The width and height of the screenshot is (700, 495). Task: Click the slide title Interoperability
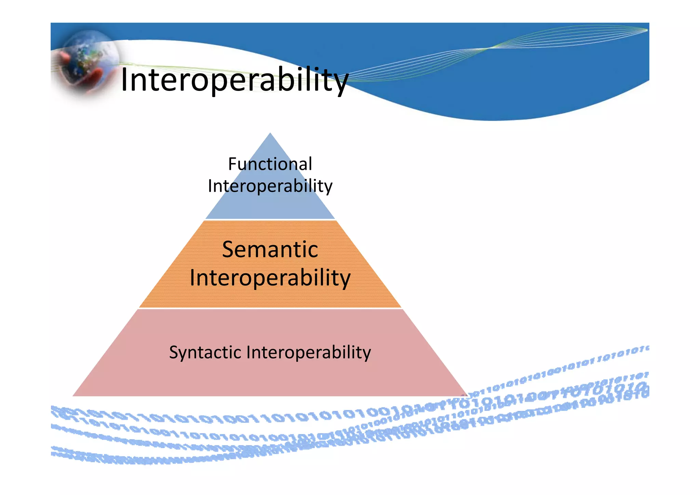(x=234, y=80)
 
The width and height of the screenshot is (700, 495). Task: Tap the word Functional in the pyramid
(x=270, y=164)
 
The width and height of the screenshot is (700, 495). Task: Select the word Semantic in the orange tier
(x=270, y=250)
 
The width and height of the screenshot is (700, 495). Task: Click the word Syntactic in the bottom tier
(x=205, y=352)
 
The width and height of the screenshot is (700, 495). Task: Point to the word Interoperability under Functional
(x=270, y=186)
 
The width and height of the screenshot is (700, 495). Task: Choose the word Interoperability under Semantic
(x=270, y=278)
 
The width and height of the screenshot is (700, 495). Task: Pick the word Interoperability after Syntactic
(x=308, y=352)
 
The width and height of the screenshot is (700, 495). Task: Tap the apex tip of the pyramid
(x=270, y=134)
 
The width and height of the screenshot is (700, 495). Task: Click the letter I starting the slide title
(x=124, y=80)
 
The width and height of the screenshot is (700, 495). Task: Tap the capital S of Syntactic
(x=174, y=352)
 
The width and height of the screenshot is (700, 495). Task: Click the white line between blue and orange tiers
(x=270, y=219)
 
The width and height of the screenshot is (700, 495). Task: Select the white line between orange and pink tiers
(x=270, y=308)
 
